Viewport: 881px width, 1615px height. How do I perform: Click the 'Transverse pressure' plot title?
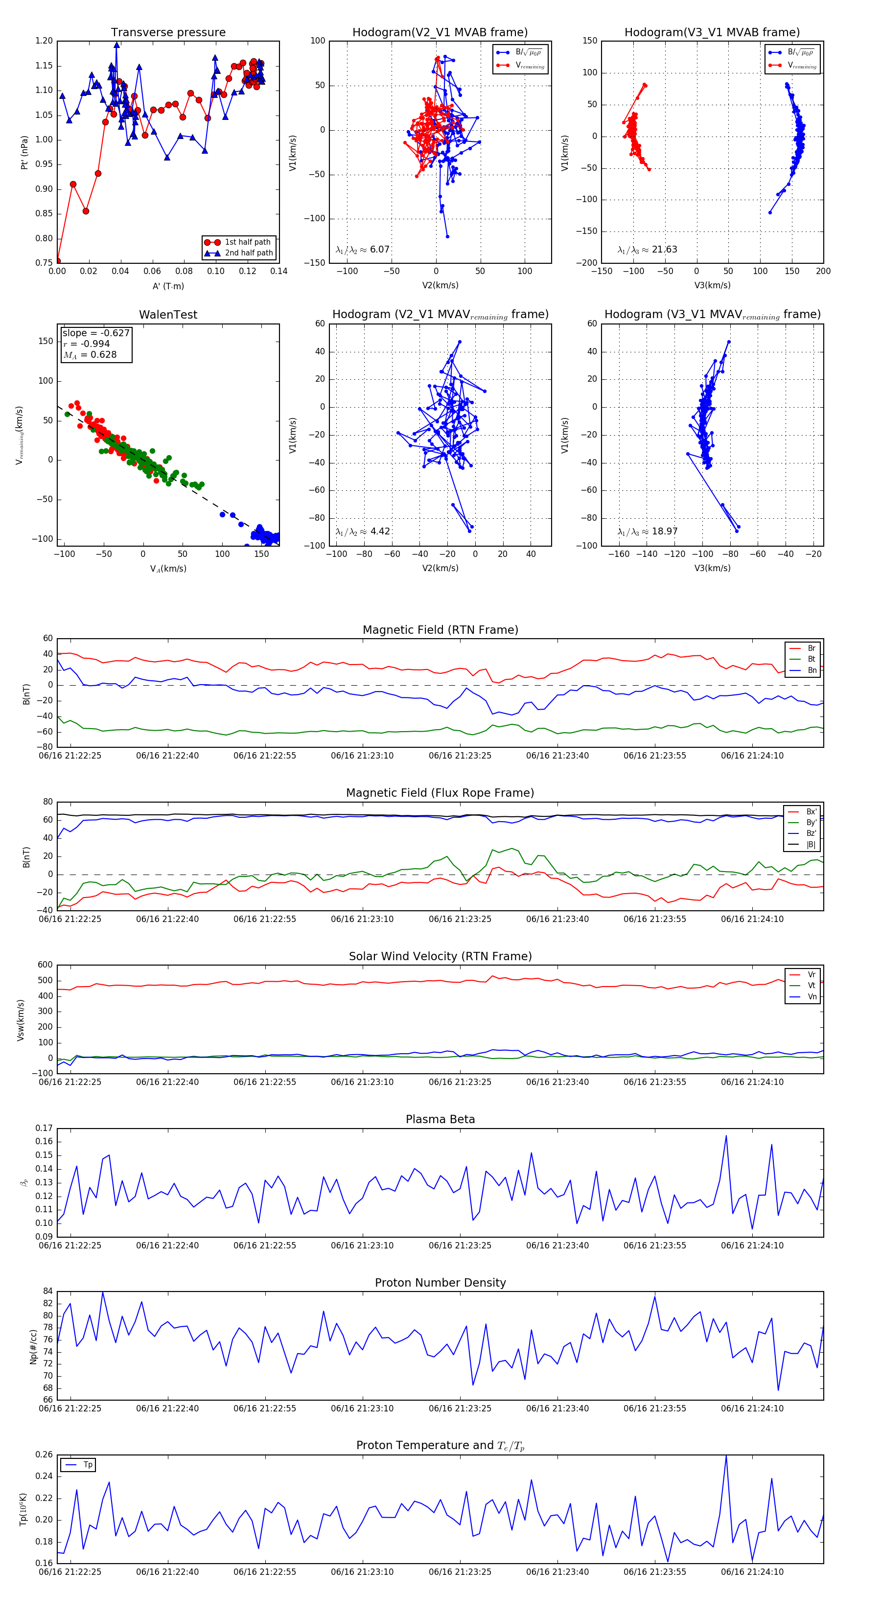(x=168, y=33)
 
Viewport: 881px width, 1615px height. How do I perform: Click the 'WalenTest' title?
(x=168, y=315)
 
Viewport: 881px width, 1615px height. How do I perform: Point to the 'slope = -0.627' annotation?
(x=95, y=333)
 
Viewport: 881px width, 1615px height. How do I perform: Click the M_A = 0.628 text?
(x=90, y=355)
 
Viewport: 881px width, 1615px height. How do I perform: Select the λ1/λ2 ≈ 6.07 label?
(x=362, y=250)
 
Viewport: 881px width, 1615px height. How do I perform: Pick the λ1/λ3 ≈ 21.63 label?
(x=647, y=250)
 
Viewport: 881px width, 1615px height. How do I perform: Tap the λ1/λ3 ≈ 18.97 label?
(x=647, y=531)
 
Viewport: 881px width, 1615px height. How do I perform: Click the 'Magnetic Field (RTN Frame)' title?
(x=440, y=630)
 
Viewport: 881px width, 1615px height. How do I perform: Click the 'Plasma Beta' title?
(x=440, y=1120)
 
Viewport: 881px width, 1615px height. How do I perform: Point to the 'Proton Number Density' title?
(x=440, y=1283)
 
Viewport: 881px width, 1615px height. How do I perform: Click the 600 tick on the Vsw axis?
(x=45, y=965)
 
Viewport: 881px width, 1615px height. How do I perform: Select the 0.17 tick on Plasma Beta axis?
(x=44, y=1129)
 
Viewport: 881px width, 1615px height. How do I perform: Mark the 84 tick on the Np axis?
(x=47, y=1292)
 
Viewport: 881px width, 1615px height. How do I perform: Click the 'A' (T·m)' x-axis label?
(x=168, y=286)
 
